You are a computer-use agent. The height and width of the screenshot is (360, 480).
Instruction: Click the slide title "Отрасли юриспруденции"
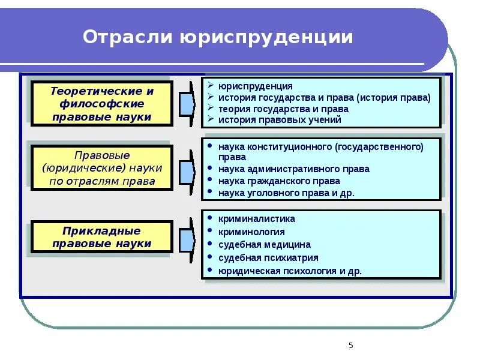pyautogui.click(x=218, y=37)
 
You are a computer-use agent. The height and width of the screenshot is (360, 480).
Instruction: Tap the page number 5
pyautogui.click(x=351, y=345)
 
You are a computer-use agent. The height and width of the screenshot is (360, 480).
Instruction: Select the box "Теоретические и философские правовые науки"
pyautogui.click(x=102, y=104)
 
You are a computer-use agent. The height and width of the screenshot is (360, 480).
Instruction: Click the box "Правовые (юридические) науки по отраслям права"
pyautogui.click(x=102, y=168)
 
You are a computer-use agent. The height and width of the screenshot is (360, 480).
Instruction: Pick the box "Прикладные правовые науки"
pyautogui.click(x=102, y=237)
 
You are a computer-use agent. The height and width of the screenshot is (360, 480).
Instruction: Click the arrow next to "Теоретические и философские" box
pyautogui.click(x=187, y=104)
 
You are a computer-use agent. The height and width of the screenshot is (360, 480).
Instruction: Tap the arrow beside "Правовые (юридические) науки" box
pyautogui.click(x=187, y=169)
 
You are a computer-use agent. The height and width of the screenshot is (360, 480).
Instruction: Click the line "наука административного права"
pyautogui.click(x=294, y=169)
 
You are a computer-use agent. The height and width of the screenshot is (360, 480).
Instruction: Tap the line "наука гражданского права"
pyautogui.click(x=280, y=181)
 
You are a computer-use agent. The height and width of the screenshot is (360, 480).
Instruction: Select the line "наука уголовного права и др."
pyautogui.click(x=287, y=193)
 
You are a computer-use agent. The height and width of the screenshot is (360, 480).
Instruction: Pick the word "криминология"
pyautogui.click(x=251, y=232)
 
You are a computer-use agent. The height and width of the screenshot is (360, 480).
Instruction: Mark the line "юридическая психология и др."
pyautogui.click(x=290, y=271)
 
